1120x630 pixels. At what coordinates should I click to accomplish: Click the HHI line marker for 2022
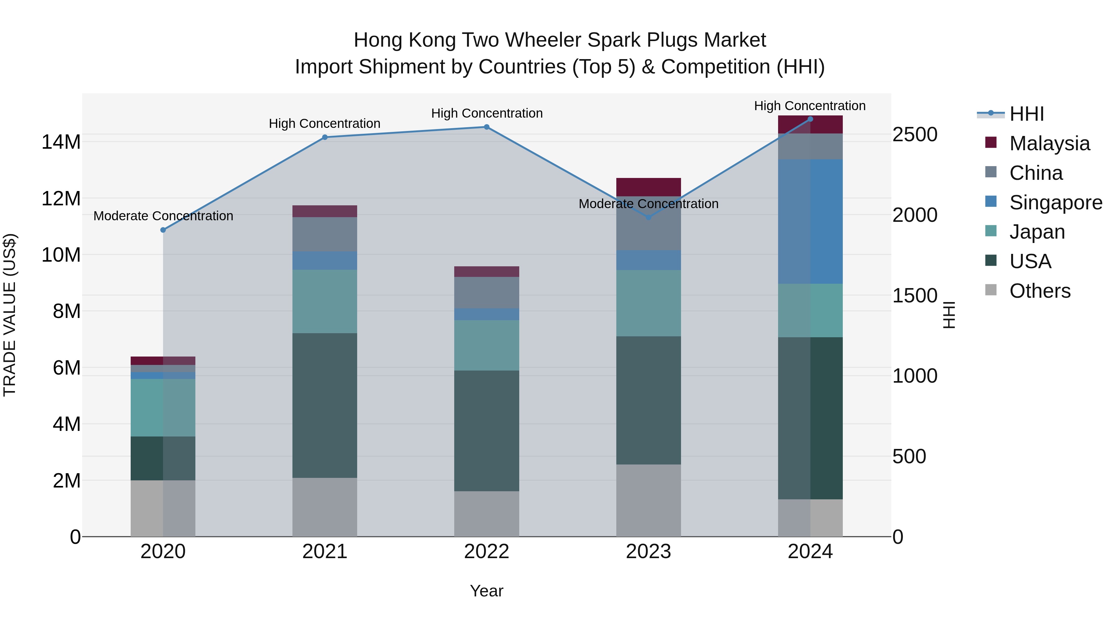(487, 127)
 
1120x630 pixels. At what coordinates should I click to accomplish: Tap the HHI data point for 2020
(163, 230)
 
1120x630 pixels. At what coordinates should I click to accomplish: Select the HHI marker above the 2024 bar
(810, 119)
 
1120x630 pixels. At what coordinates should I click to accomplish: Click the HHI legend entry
(1026, 114)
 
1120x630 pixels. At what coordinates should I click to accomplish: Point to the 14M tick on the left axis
(61, 142)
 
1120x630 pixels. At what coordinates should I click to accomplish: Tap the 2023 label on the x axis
(648, 552)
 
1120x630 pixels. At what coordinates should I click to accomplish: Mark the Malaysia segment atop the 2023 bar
(648, 187)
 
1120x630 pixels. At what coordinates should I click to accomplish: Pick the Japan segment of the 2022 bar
(487, 345)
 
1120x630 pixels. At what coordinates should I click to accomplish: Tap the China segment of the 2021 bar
(325, 234)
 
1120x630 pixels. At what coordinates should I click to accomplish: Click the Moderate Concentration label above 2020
(163, 216)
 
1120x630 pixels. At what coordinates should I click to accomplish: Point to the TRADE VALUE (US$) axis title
(10, 315)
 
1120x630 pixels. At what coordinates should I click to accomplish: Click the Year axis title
(487, 591)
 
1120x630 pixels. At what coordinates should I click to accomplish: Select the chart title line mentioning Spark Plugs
(560, 40)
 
